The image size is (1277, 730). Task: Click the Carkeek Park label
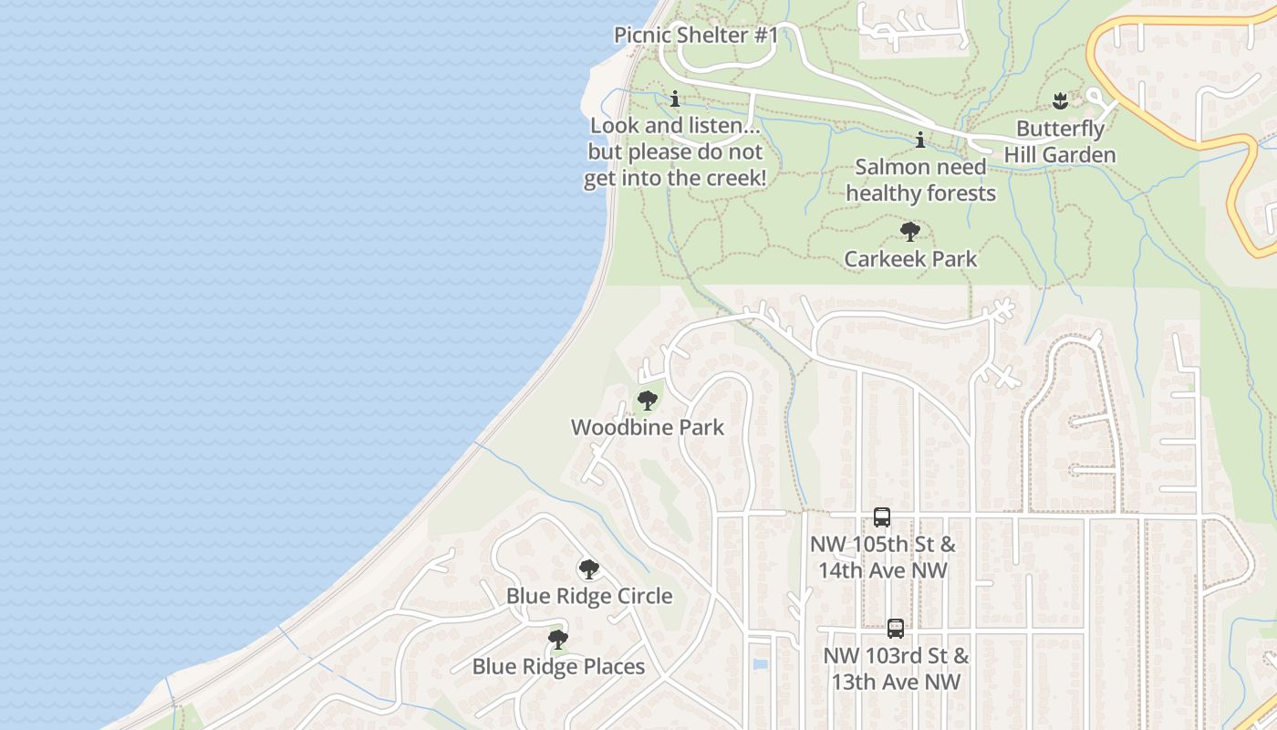(910, 259)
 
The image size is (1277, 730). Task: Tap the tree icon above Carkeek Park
(909, 231)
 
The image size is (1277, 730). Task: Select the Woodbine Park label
(648, 427)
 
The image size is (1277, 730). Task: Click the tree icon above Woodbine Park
(647, 400)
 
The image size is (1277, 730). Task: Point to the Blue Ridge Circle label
(589, 596)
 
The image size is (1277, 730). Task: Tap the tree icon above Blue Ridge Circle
(589, 569)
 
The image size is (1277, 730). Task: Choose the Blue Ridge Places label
(558, 667)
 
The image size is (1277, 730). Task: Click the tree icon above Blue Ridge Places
(558, 639)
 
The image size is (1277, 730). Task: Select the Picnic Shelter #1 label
(696, 36)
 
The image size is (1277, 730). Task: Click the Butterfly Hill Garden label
(1060, 142)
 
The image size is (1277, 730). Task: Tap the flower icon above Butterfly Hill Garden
(1059, 99)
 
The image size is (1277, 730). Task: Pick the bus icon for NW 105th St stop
(882, 517)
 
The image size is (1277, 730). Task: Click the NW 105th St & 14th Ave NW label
(883, 558)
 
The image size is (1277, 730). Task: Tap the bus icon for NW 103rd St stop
(896, 629)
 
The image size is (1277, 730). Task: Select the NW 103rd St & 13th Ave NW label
(896, 669)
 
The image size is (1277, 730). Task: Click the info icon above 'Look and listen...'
(675, 99)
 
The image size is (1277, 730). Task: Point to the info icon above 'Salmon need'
(920, 140)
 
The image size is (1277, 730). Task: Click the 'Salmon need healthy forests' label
(920, 180)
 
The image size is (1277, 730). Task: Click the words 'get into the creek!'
(675, 178)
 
